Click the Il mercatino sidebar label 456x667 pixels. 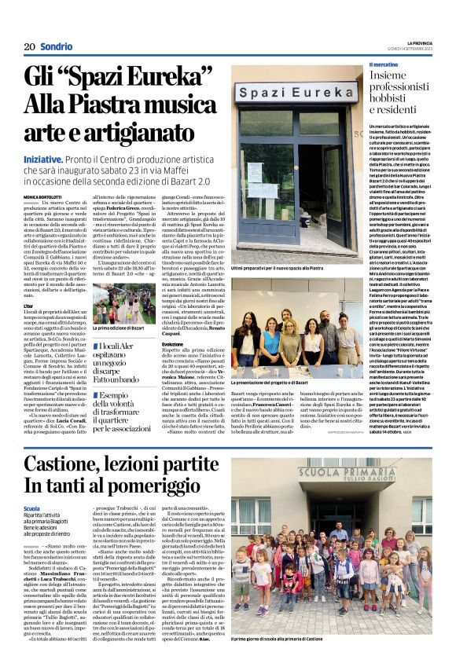click(x=384, y=64)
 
